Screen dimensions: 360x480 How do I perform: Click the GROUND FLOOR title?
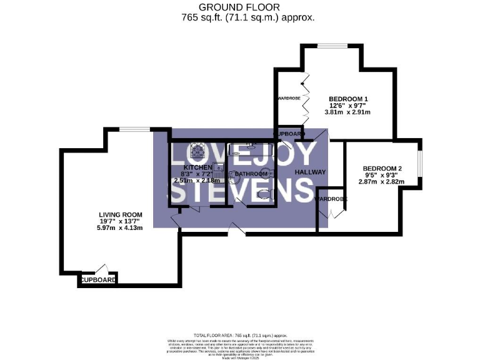[240, 7]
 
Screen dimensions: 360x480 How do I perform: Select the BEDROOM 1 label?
[348, 98]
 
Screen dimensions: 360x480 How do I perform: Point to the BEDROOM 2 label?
[382, 168]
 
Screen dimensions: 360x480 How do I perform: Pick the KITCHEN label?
[194, 167]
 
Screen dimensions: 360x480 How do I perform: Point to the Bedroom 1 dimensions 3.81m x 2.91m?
[347, 112]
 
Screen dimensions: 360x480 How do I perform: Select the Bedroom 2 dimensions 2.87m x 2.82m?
[382, 182]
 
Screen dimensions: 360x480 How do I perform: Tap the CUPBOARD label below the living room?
[98, 281]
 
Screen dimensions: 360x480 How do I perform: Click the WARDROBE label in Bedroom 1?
[289, 99]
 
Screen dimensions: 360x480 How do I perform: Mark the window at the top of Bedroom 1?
[331, 45]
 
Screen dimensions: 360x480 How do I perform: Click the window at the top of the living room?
[134, 129]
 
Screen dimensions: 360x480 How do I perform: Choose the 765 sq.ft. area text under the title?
[240, 17]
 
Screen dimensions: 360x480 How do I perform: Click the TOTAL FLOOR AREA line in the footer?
[240, 336]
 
